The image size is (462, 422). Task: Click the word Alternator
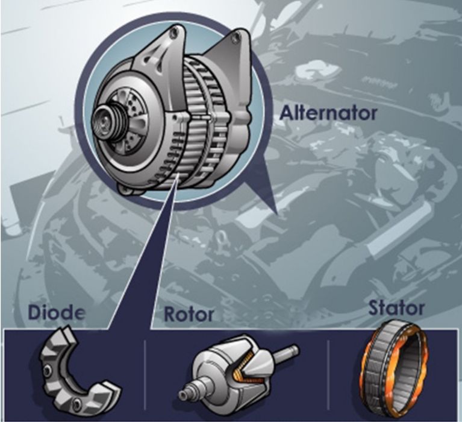coord(328,113)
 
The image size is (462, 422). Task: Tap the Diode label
coord(57,313)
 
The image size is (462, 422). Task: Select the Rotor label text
coord(189,314)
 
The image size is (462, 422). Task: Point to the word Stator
coord(396,308)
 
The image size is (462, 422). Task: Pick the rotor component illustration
coord(236,374)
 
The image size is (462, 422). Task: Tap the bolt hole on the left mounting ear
coord(174,32)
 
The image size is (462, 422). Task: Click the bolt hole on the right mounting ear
coord(236,37)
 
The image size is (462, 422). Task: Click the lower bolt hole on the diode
coord(78,402)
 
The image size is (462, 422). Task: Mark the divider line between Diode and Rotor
coord(145,375)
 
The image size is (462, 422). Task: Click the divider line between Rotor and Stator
coord(328,375)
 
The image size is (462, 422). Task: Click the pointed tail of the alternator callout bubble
coord(276,212)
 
